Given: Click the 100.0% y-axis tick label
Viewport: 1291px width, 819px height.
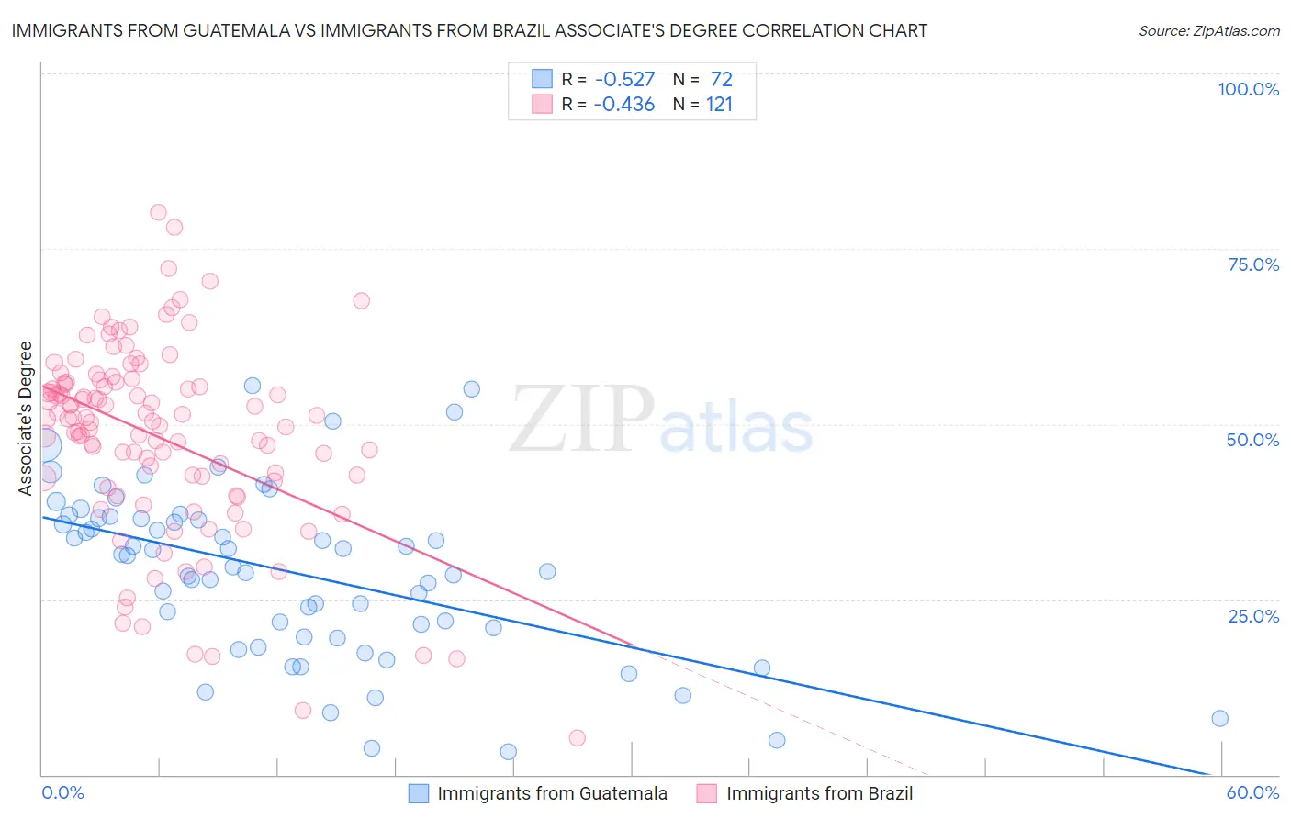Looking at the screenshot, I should click(1248, 89).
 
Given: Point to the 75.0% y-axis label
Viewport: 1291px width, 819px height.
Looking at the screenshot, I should click(1253, 264).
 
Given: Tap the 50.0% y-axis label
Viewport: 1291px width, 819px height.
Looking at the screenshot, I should click(1252, 440).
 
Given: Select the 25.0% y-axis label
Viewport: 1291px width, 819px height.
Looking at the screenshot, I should click(1253, 615).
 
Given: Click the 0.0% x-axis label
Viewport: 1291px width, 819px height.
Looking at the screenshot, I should click(62, 792).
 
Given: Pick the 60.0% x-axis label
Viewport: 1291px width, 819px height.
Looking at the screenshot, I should click(1252, 792).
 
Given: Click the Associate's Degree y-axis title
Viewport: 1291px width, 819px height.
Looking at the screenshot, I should click(26, 418).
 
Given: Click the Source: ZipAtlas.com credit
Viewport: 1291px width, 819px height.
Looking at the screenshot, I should click(1208, 30).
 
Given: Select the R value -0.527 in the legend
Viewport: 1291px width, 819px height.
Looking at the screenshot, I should click(623, 80).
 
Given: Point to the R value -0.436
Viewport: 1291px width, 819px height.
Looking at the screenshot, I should click(623, 105).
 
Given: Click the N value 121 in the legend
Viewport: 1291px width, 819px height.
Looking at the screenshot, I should click(719, 105).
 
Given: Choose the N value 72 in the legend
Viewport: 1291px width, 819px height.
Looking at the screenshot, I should click(721, 80).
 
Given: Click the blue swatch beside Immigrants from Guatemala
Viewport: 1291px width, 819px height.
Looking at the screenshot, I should click(419, 793).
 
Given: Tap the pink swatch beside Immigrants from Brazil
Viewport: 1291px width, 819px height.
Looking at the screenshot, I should click(706, 793).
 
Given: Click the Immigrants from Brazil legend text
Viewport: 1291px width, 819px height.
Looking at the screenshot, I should click(819, 793).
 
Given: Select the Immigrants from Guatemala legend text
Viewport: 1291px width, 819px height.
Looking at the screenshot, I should click(552, 793).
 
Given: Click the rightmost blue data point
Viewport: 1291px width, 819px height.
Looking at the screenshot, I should click(1219, 718).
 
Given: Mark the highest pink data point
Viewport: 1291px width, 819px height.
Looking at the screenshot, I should click(158, 212).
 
